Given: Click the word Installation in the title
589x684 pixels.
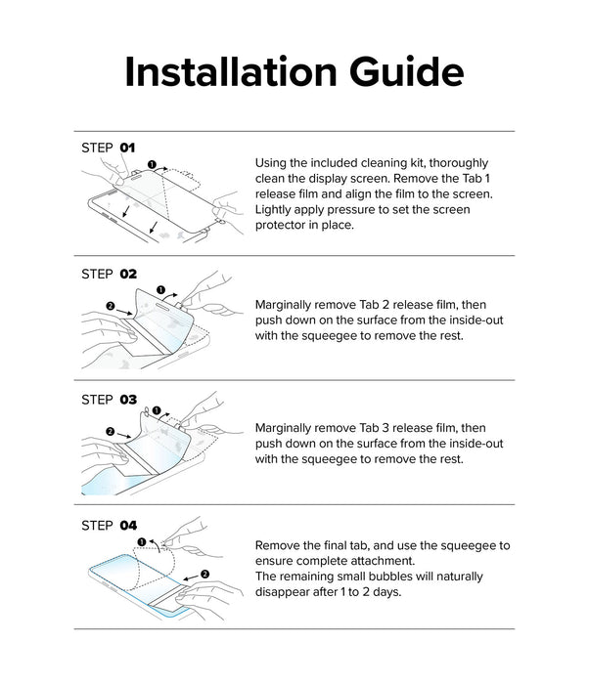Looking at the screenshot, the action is click(231, 71).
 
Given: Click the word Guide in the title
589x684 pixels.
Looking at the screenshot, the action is click(406, 71).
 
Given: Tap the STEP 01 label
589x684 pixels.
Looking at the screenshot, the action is click(108, 148).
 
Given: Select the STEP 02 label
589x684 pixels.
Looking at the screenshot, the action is click(109, 274).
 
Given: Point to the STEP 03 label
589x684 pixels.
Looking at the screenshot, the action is click(109, 400).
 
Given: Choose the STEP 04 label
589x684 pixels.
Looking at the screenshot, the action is click(109, 526).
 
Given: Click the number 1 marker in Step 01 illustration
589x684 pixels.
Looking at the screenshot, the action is click(152, 164).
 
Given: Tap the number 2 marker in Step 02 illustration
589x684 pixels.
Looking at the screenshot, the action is click(111, 306).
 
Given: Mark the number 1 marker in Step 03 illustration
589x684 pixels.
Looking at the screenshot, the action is click(157, 410).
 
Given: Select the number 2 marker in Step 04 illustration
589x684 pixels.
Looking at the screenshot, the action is click(204, 575).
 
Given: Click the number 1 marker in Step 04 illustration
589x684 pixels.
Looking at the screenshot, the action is click(142, 541).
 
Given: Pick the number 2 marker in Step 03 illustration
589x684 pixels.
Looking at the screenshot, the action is click(111, 432).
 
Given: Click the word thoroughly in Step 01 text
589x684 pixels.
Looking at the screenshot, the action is click(459, 163).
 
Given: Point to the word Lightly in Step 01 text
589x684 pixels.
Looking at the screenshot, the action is click(273, 210).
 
